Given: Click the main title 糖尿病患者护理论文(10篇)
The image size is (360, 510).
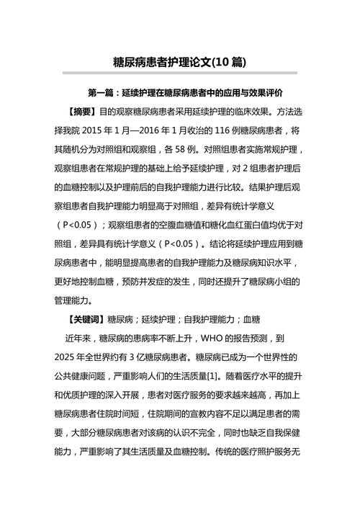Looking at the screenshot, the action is [x=179, y=62].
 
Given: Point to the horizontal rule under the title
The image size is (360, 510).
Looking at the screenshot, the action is [x=180, y=73].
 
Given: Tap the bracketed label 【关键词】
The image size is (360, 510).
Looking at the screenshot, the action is [x=84, y=318].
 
